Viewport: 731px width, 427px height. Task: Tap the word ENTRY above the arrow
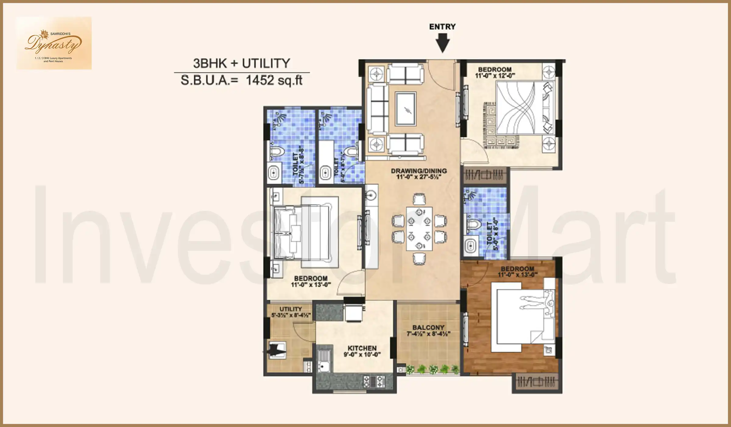pos(442,27)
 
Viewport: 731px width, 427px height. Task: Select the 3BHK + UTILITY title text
pos(242,63)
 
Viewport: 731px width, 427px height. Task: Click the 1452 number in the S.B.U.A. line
pos(260,80)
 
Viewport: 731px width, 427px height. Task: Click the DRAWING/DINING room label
pos(419,171)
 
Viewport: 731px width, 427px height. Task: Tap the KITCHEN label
pos(362,348)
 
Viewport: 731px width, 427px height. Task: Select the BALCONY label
pos(428,328)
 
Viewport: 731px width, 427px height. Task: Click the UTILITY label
pos(291,309)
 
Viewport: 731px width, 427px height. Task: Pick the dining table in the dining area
pos(419,229)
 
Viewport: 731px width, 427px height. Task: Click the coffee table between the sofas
pos(405,109)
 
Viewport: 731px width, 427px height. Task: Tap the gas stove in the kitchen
pos(374,381)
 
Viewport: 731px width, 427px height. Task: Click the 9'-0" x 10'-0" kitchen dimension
pos(362,354)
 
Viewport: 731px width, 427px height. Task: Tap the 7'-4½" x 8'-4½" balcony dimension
pos(428,334)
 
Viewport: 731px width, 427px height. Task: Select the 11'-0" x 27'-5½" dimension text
pos(419,177)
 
